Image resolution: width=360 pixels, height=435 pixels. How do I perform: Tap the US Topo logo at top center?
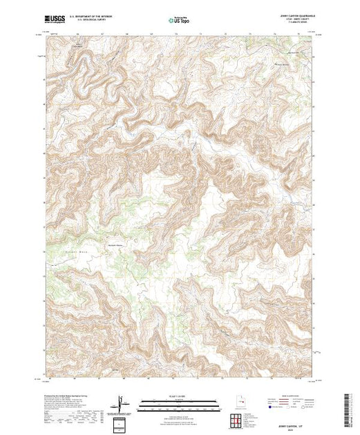180,20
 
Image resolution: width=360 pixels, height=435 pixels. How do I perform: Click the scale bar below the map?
173,405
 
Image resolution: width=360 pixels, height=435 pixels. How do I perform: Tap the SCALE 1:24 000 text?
173,398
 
